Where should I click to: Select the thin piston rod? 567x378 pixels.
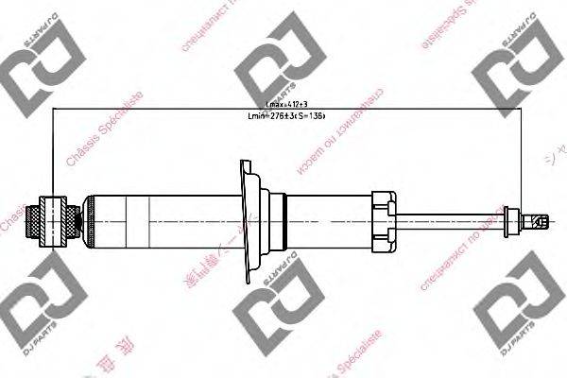tap(454, 220)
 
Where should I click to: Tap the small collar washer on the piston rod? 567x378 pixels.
tap(513, 219)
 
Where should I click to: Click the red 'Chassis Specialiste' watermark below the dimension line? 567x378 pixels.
tap(104, 132)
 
